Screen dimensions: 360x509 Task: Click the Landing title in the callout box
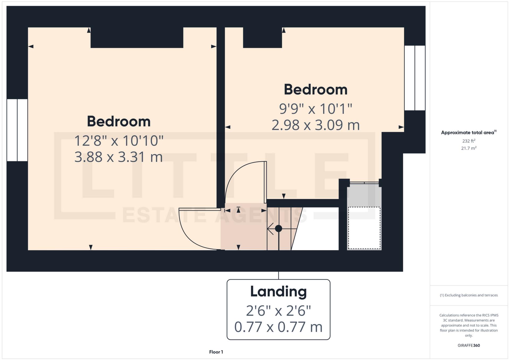pos(278,292)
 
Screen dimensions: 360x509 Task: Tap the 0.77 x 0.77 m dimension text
pos(278,327)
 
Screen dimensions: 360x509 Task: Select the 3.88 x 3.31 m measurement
pos(118,157)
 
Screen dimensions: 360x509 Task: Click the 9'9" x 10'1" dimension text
pos(315,109)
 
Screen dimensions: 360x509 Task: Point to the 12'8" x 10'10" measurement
pos(118,141)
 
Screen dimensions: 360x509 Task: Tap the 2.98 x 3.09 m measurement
pos(315,125)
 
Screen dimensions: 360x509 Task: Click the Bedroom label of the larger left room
pos(118,122)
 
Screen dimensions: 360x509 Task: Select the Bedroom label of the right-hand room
pos(315,90)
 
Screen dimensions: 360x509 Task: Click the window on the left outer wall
pos(17,130)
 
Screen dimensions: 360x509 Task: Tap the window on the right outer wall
pos(414,78)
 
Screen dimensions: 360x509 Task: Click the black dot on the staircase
pos(278,228)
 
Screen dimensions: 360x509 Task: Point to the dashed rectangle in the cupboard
pos(364,228)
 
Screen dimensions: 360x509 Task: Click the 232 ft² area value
pos(469,141)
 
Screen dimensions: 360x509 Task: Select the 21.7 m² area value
pos(469,148)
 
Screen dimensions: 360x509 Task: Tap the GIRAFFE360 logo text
pos(469,345)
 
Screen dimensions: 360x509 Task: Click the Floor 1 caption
pos(216,352)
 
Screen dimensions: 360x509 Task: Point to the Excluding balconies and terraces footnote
pos(469,295)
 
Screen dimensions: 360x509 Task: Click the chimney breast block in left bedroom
pos(137,37)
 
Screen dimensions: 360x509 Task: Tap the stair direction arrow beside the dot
pos(270,228)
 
